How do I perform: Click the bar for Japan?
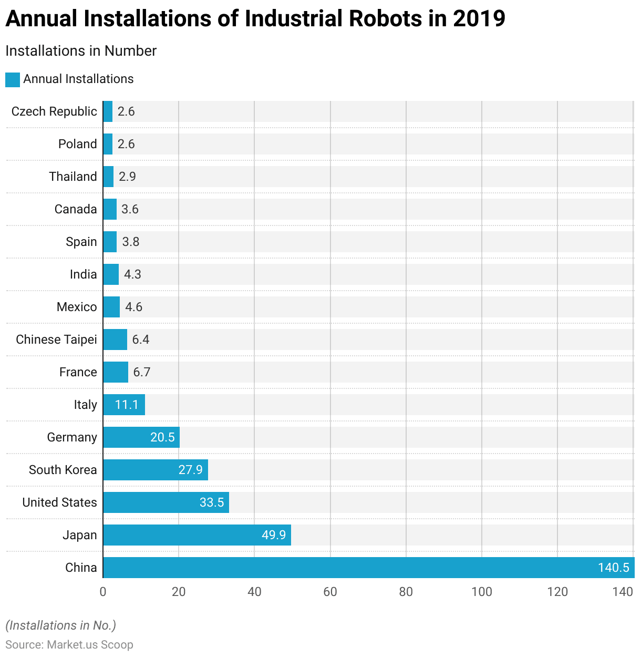click(x=197, y=535)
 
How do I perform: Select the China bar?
click(x=368, y=568)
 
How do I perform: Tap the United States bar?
click(x=166, y=502)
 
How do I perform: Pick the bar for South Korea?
click(x=156, y=470)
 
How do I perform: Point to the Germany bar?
click(x=141, y=437)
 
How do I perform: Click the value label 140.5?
click(x=613, y=568)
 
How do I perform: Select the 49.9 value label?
click(x=274, y=535)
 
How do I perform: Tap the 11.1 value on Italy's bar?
click(x=127, y=405)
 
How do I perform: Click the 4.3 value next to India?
click(x=132, y=274)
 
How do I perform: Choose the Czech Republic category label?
click(x=54, y=111)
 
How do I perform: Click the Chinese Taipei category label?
click(x=56, y=340)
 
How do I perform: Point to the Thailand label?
click(x=73, y=177)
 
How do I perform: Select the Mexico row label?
click(x=77, y=307)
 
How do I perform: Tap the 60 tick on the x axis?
click(x=330, y=592)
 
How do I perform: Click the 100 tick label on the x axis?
click(x=481, y=592)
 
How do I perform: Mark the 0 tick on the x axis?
click(x=103, y=592)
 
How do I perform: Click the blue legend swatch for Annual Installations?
click(x=13, y=79)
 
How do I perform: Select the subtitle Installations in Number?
click(x=81, y=51)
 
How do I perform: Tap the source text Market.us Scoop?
click(x=90, y=645)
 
